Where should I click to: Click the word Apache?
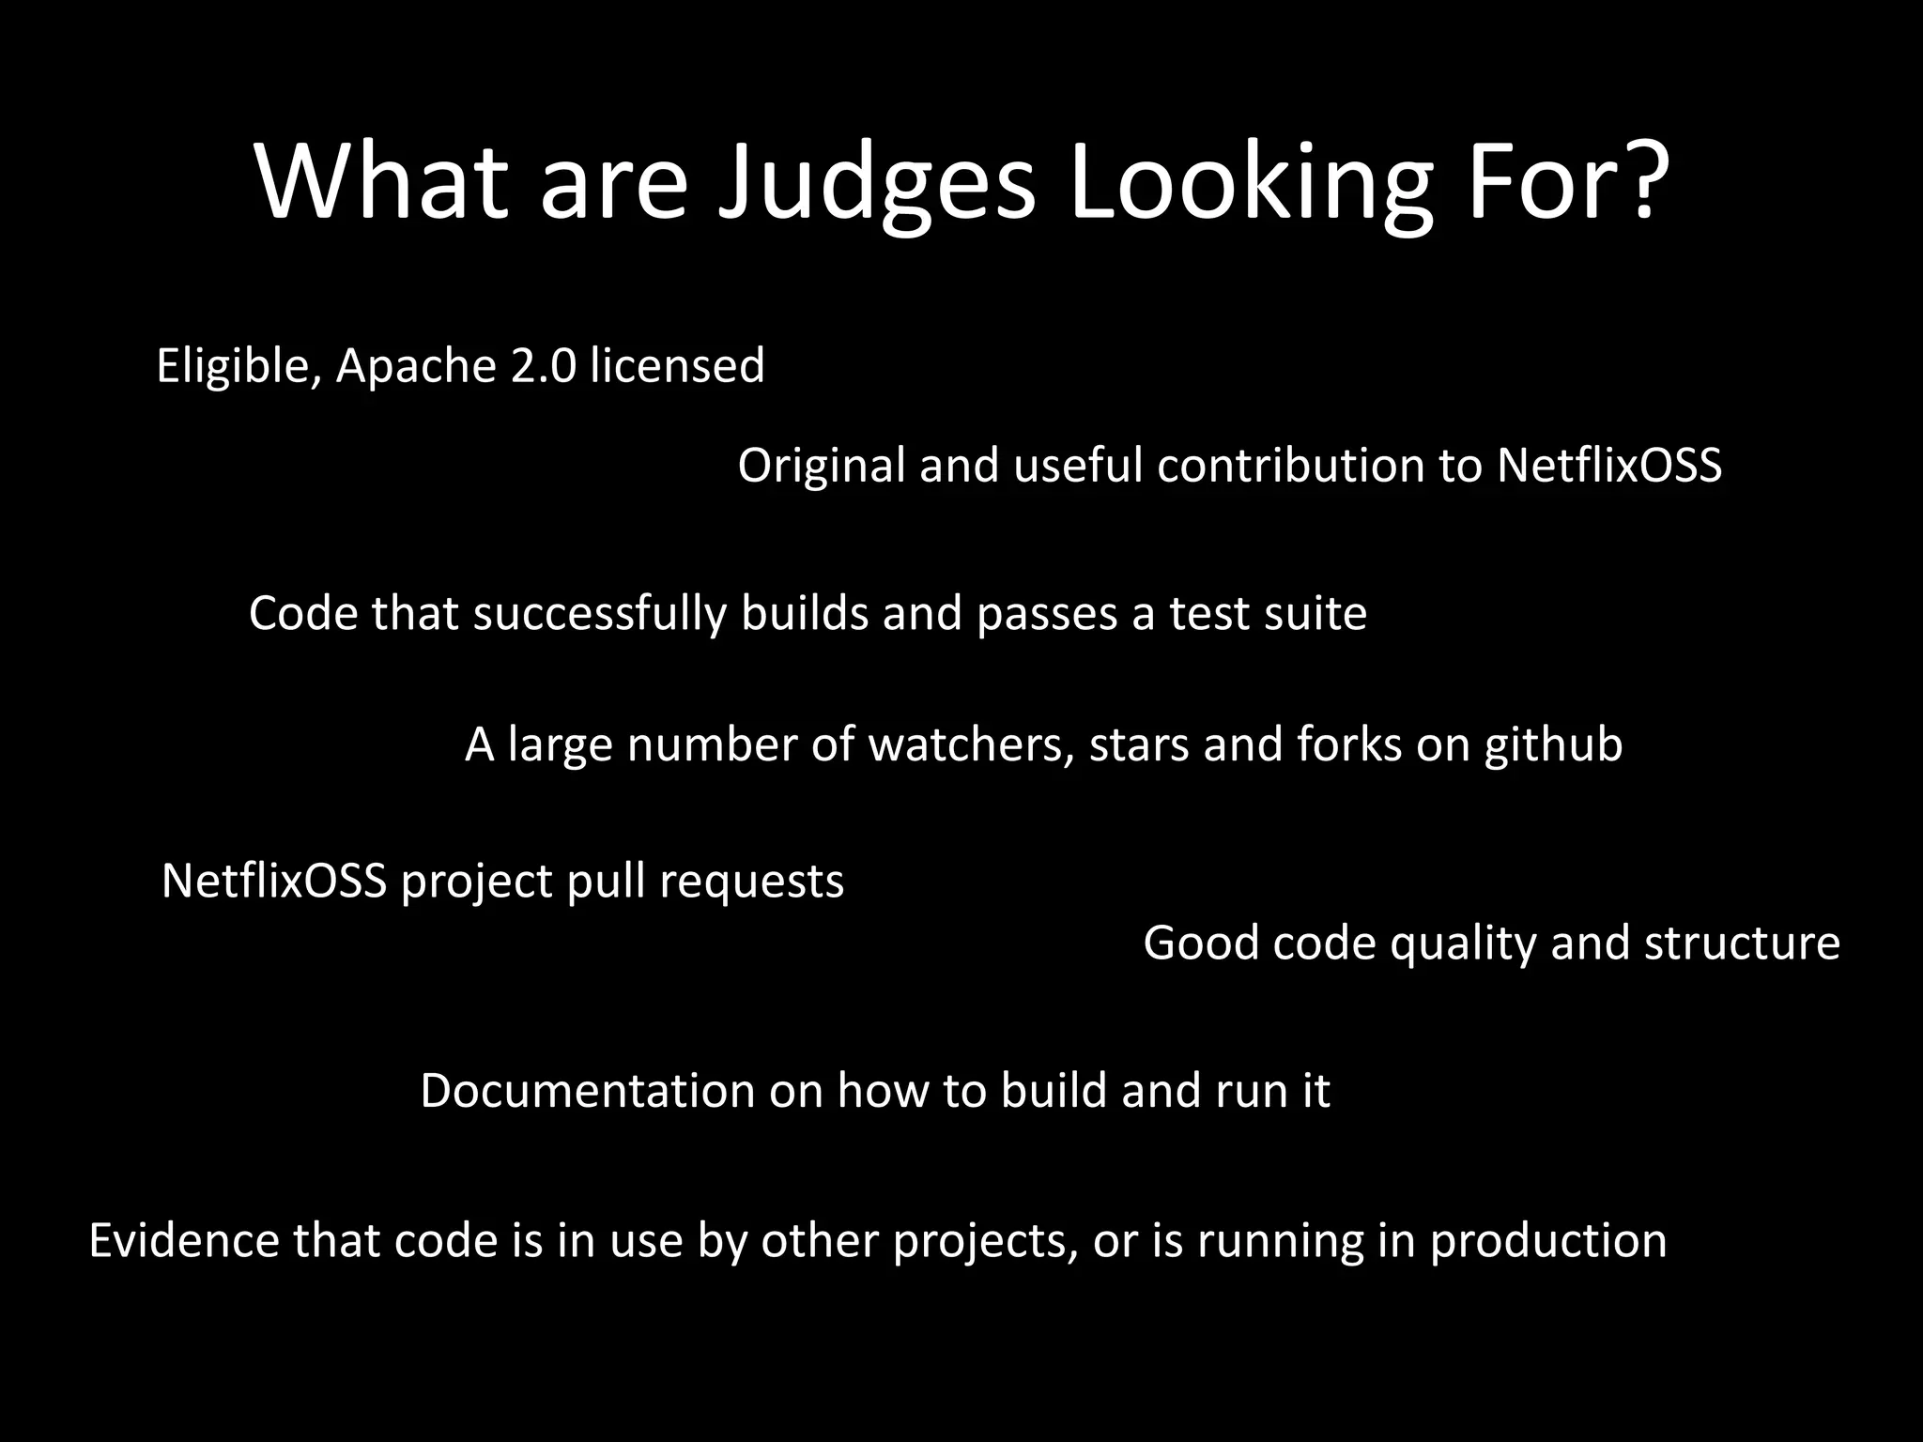[x=415, y=367]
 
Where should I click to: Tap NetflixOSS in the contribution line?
[x=1608, y=466]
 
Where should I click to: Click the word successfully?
[x=599, y=615]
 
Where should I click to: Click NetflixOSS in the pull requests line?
[x=274, y=882]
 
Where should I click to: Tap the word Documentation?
[x=587, y=1091]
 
